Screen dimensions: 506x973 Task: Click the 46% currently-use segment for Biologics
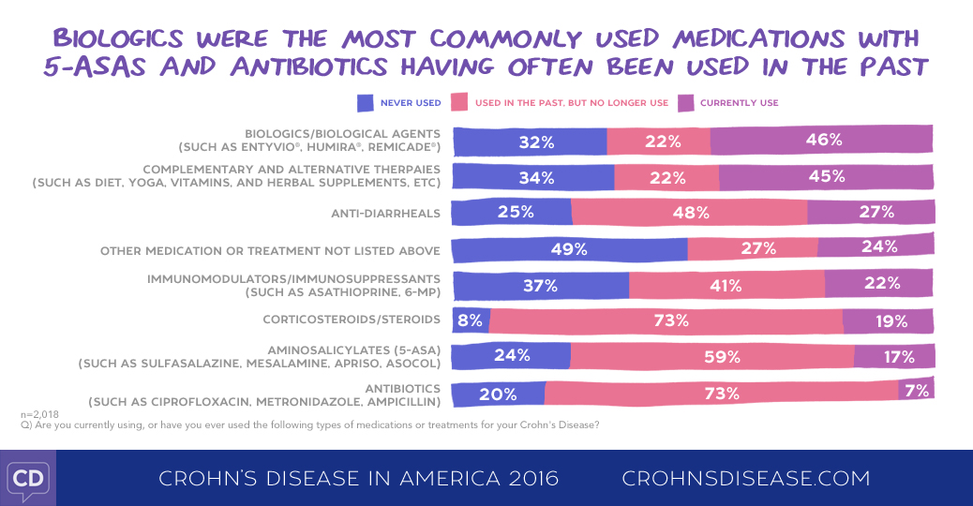[x=822, y=141]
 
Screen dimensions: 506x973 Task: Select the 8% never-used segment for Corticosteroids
[x=470, y=320]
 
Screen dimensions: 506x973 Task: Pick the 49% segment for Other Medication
[x=569, y=249]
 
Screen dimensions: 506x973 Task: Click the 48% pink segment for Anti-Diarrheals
[x=689, y=213]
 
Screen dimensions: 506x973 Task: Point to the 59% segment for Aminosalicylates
[x=712, y=356]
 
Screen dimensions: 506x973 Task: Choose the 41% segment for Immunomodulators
[x=726, y=285]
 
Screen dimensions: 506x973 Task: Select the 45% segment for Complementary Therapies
[x=826, y=176]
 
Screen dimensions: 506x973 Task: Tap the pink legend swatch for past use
[x=459, y=102]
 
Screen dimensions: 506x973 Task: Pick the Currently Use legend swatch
[x=684, y=102]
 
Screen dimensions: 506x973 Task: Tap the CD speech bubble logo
[x=28, y=479]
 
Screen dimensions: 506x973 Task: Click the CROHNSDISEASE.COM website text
[x=746, y=479]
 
